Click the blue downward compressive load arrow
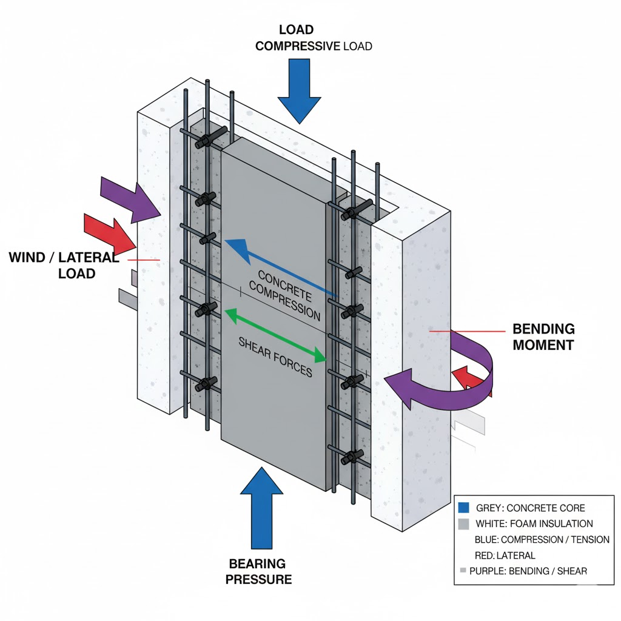pos(299,91)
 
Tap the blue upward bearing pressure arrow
pos(261,503)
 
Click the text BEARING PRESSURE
pos(258,571)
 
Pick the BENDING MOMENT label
pos(543,337)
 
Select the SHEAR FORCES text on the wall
pos(275,357)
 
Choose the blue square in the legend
pos(466,508)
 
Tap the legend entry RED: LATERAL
pos(505,555)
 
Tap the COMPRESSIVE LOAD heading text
pos(313,46)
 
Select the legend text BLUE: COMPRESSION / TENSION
pos(542,539)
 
